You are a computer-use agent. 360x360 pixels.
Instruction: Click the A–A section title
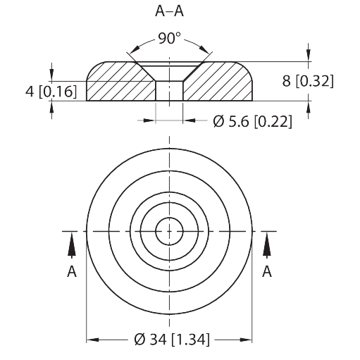click(x=169, y=11)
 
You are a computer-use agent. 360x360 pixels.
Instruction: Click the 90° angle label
click(x=169, y=38)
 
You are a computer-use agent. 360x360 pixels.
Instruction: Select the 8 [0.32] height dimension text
click(x=308, y=81)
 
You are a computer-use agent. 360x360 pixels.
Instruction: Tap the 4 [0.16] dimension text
click(x=51, y=92)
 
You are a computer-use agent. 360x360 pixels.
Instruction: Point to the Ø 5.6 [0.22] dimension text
click(x=253, y=121)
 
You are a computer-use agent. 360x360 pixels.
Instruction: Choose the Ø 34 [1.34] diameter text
click(x=172, y=340)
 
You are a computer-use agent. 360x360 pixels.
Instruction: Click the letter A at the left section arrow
click(x=72, y=271)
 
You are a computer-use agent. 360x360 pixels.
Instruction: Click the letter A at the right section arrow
click(x=267, y=271)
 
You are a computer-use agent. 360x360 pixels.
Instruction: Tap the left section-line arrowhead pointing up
click(x=72, y=244)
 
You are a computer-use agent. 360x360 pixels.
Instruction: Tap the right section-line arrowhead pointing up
click(x=267, y=244)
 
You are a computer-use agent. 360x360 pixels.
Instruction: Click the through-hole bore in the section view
click(x=169, y=91)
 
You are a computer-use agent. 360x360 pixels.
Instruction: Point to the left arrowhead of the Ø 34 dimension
click(x=92, y=340)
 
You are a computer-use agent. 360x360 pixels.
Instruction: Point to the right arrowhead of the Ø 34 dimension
click(x=246, y=340)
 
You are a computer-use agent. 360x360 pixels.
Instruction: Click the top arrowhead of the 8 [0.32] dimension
click(x=309, y=56)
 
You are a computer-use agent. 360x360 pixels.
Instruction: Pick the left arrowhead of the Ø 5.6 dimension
click(x=149, y=120)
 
